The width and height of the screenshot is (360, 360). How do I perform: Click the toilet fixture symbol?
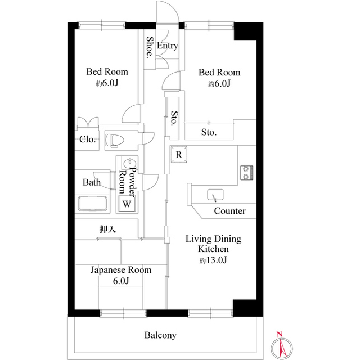[115, 140]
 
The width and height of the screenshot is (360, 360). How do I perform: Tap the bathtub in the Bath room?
[92, 203]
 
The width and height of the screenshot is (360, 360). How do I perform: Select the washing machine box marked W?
[127, 203]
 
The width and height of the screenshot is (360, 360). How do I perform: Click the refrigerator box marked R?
[179, 155]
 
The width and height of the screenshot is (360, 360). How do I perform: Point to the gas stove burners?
[246, 173]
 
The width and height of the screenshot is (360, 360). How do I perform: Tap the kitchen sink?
[215, 195]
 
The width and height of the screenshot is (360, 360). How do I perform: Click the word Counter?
[229, 211]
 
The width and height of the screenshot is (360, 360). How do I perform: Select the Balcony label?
[160, 335]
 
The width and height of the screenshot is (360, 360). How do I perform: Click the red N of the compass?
[279, 334]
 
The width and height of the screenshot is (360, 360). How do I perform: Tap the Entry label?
[168, 46]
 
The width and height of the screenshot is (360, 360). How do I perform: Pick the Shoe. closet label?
[150, 47]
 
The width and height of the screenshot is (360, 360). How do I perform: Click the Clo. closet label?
[87, 139]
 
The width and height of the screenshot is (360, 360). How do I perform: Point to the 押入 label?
[107, 229]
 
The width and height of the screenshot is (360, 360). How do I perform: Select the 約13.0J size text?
[213, 260]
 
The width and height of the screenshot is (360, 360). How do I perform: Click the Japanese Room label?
[121, 270]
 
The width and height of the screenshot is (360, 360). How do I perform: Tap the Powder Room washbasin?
[130, 163]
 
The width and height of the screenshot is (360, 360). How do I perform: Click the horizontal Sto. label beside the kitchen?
[209, 132]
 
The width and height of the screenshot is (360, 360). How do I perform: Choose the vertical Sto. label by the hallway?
[174, 119]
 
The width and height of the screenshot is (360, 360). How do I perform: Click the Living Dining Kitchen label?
[213, 244]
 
